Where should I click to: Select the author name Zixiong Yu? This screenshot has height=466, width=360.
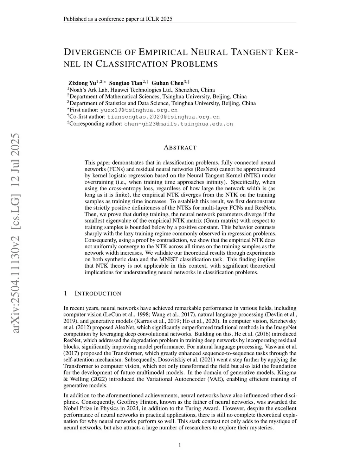coord(82,83)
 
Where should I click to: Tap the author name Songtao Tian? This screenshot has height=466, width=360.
coord(126,83)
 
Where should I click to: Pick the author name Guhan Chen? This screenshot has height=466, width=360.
coord(167,83)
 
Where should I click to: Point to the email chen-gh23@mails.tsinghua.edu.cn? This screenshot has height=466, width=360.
coord(179,124)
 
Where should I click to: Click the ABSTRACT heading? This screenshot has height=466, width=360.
coord(180,148)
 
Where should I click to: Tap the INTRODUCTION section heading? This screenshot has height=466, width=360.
coord(98,294)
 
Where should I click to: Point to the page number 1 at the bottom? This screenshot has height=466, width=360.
coord(180,445)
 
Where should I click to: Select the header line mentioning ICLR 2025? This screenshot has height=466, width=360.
coord(118,19)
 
